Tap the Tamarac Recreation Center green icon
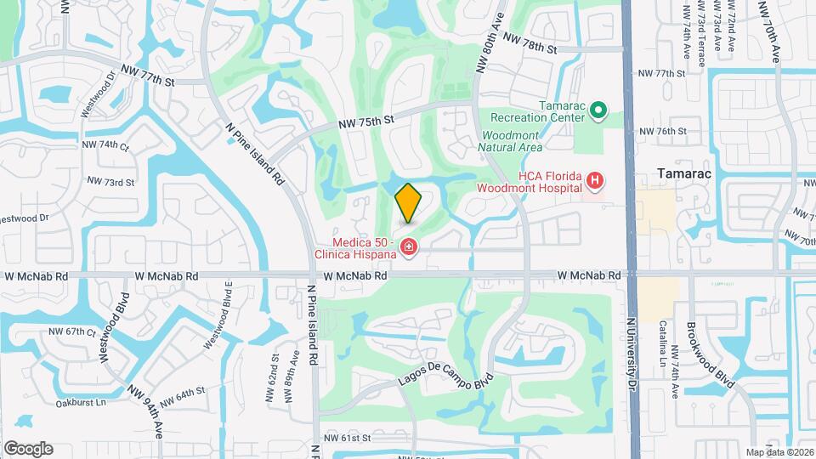point(598,110)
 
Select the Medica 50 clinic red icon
point(410,247)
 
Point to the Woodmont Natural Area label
point(512,141)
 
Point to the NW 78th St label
point(530,43)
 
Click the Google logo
point(28,449)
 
